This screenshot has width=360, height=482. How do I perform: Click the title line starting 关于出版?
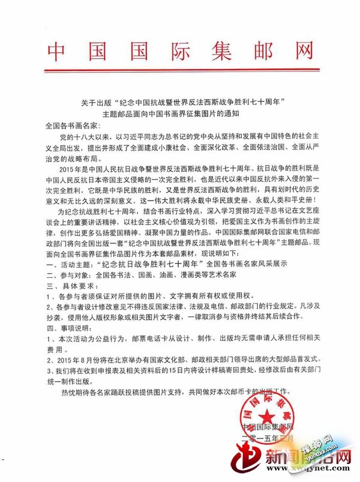180,101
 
